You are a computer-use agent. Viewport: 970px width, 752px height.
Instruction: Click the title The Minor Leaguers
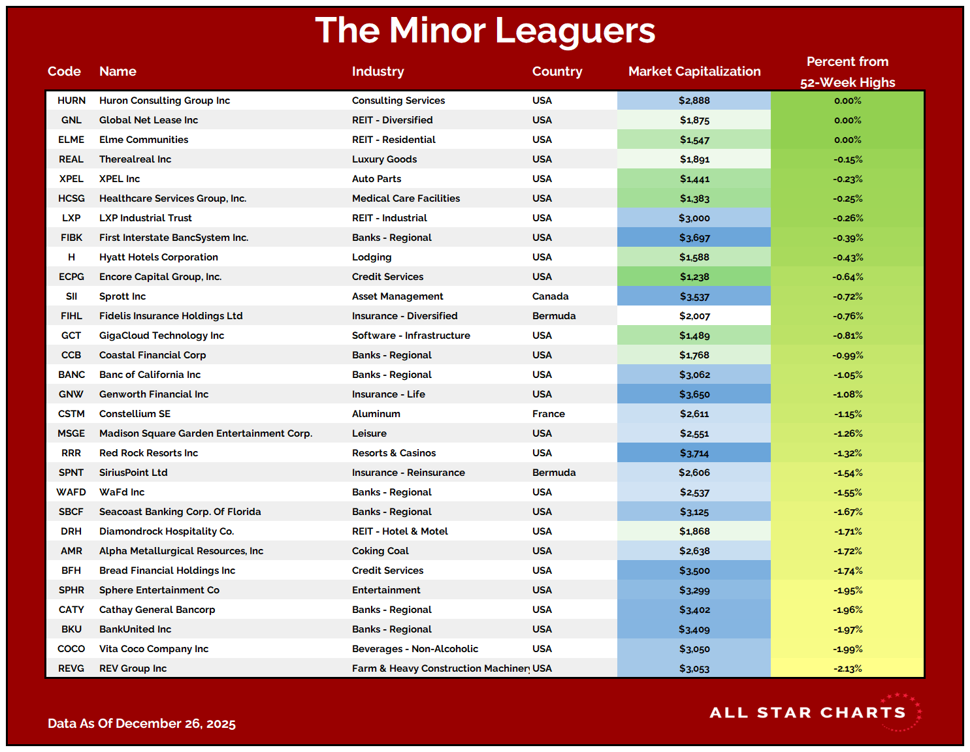pyautogui.click(x=485, y=31)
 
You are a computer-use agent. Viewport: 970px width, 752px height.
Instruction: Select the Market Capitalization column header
pyautogui.click(x=694, y=71)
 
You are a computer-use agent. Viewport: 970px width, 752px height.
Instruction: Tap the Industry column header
pyautogui.click(x=378, y=71)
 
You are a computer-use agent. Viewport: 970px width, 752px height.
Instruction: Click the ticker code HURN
pyautogui.click(x=71, y=101)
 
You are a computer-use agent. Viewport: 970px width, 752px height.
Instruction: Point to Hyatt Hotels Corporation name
pyautogui.click(x=159, y=257)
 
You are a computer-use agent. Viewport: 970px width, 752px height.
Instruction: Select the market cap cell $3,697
pyautogui.click(x=694, y=238)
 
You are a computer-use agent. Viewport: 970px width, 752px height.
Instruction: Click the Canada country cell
pyautogui.click(x=550, y=296)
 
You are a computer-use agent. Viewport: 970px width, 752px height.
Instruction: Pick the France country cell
pyautogui.click(x=548, y=414)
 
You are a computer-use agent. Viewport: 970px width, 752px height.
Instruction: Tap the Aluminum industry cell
pyautogui.click(x=376, y=414)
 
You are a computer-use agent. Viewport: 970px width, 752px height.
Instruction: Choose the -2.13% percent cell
pyautogui.click(x=847, y=668)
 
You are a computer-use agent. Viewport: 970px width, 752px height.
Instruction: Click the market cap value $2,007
pyautogui.click(x=694, y=316)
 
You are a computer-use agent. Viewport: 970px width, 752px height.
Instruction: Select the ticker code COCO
pyautogui.click(x=71, y=649)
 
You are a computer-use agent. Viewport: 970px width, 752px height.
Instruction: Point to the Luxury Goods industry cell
pyautogui.click(x=384, y=159)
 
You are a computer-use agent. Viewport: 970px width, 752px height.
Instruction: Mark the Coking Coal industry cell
pyautogui.click(x=380, y=551)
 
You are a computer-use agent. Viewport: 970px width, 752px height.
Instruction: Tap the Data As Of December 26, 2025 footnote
pyautogui.click(x=142, y=723)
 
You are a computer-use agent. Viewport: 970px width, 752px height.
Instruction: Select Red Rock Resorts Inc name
pyautogui.click(x=148, y=453)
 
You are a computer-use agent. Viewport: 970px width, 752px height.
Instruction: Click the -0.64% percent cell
pyautogui.click(x=847, y=277)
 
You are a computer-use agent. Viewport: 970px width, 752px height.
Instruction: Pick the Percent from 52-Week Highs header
pyautogui.click(x=847, y=72)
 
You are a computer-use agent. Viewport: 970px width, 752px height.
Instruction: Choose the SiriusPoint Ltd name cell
pyautogui.click(x=133, y=473)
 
